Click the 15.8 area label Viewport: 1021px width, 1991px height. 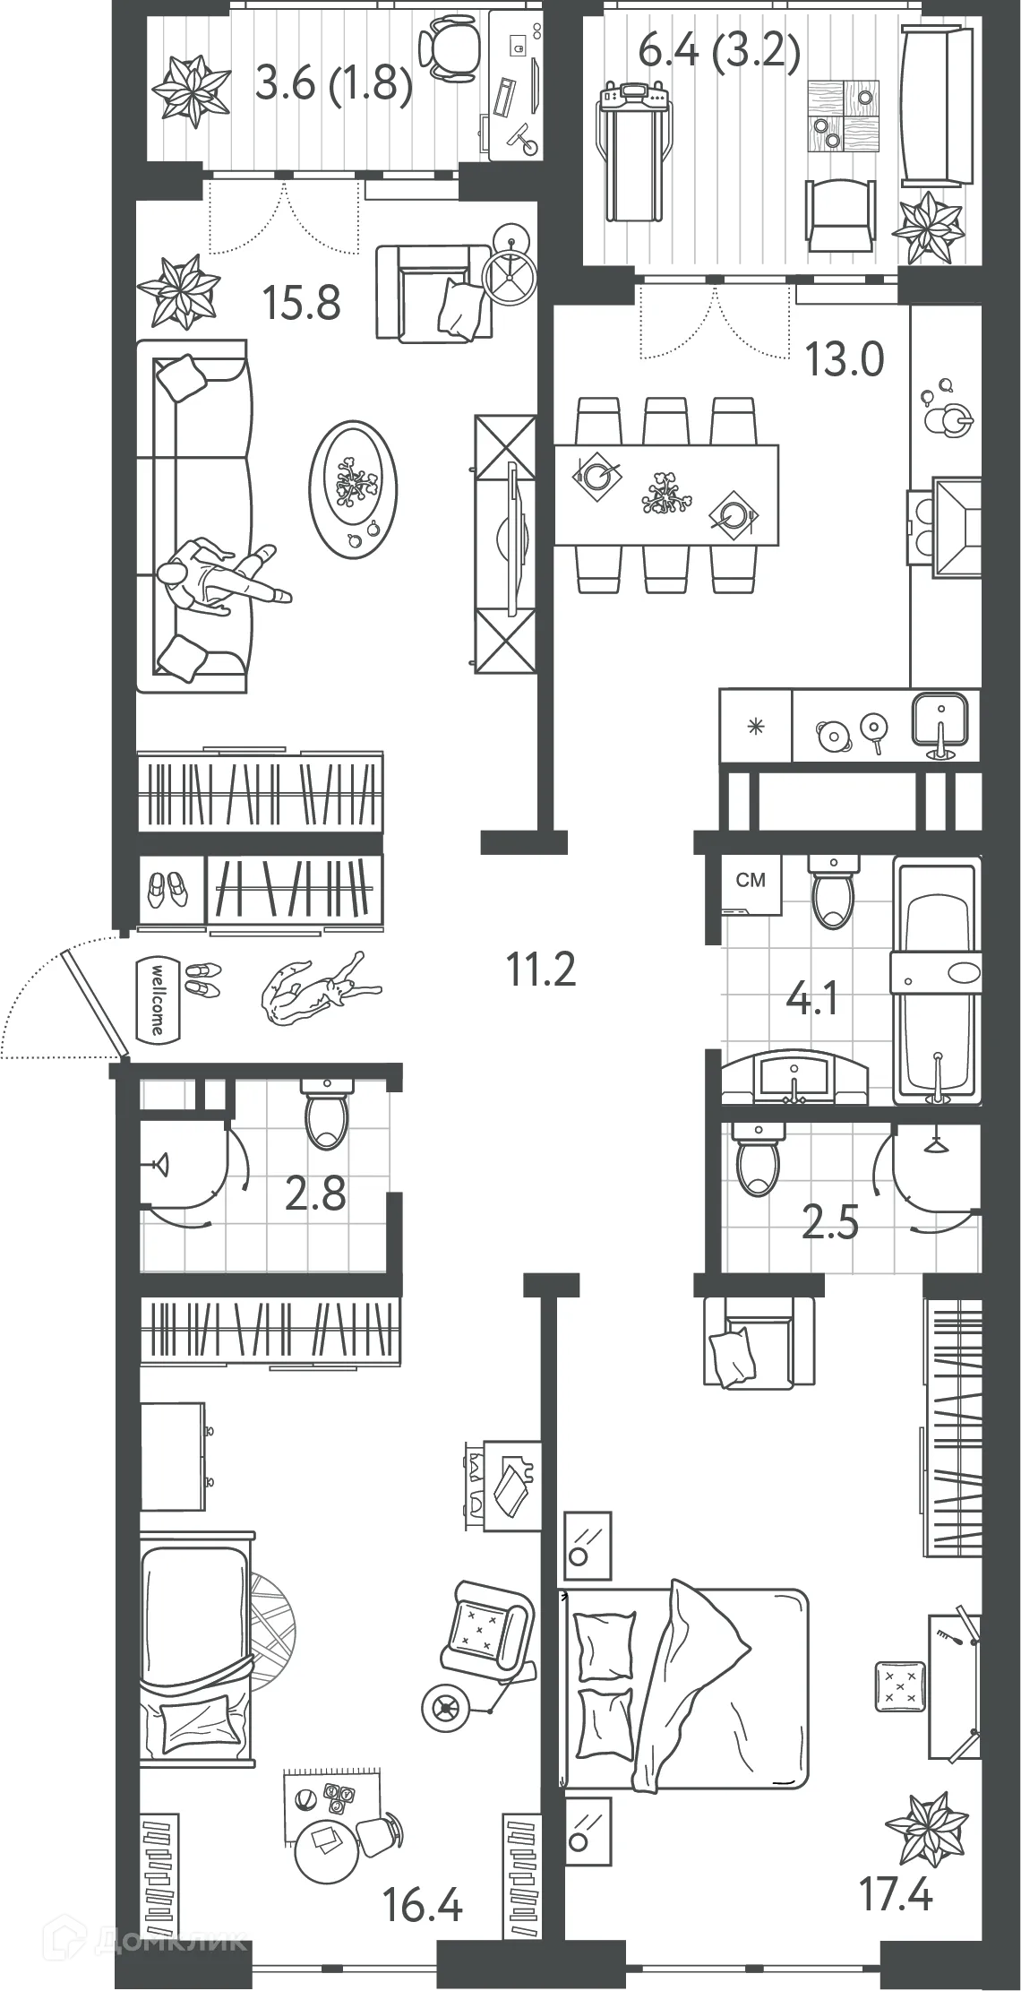[302, 303]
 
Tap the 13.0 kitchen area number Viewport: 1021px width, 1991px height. [845, 359]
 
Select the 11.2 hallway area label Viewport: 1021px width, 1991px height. [541, 969]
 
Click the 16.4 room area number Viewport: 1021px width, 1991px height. [422, 1904]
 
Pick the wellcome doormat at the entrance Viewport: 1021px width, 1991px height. [156, 999]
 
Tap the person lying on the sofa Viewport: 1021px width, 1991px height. [220, 577]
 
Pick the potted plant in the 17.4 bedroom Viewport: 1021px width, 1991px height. [926, 1825]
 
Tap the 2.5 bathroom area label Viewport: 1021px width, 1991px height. [830, 1222]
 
